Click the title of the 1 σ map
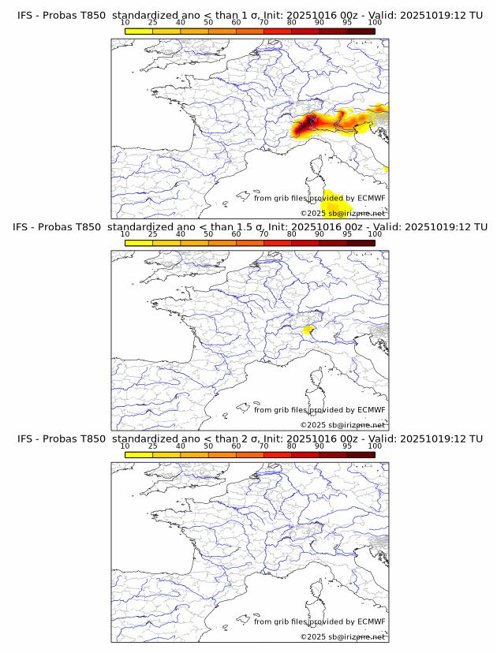(x=249, y=16)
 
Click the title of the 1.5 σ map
(x=249, y=227)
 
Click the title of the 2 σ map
(x=249, y=438)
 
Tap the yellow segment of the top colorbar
(x=139, y=32)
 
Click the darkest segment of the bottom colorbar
(x=361, y=455)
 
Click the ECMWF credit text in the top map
(x=319, y=199)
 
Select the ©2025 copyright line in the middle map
(x=342, y=425)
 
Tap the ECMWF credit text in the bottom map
(x=319, y=621)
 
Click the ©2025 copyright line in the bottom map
(x=342, y=636)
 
